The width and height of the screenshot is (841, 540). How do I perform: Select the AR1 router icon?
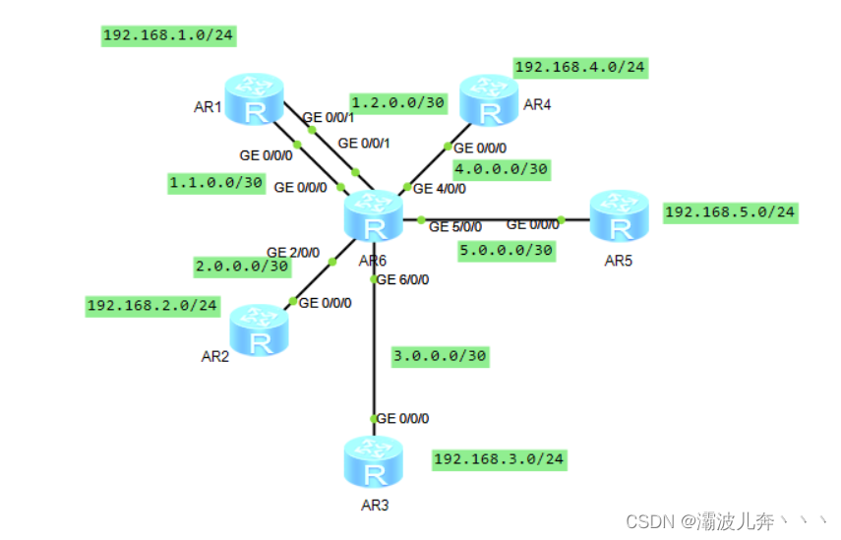[255, 100]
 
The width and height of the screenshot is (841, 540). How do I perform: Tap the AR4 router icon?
[489, 100]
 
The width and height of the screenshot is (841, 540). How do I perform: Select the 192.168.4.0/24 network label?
[580, 67]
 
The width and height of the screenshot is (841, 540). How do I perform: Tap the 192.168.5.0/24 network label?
[730, 211]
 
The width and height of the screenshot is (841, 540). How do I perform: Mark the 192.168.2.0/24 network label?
[152, 305]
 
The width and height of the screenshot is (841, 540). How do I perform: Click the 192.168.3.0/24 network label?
[500, 458]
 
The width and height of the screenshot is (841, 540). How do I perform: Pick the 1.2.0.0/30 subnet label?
[397, 101]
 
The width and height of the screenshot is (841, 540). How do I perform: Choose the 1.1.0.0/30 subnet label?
[216, 182]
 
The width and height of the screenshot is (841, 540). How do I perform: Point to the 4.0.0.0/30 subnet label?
[501, 169]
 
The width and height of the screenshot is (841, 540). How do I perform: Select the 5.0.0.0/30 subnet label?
[507, 251]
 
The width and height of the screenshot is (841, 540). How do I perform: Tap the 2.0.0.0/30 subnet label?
[242, 266]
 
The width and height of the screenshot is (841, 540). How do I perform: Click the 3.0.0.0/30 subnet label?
[440, 355]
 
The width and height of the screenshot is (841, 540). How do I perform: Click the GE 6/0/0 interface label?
[403, 278]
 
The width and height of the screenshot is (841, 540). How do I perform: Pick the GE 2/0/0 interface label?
[293, 252]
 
